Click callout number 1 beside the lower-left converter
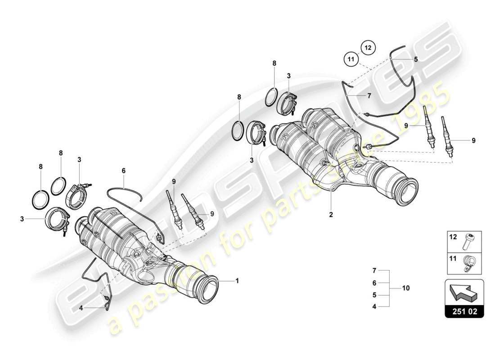(237, 281)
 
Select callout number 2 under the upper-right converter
(331, 215)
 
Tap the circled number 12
(367, 46)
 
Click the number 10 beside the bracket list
(406, 288)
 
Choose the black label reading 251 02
(464, 310)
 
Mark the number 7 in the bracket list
(374, 271)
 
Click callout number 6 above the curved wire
(123, 171)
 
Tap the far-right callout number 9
(473, 140)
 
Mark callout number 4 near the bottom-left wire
(81, 308)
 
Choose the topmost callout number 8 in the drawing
(274, 64)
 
